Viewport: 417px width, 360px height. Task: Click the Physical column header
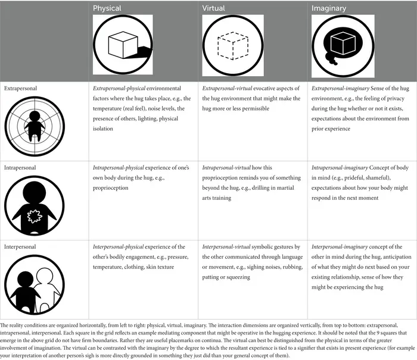point(107,9)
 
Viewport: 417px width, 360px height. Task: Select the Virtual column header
point(214,9)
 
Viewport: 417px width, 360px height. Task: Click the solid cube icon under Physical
point(122,45)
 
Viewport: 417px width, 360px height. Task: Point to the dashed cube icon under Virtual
point(232,45)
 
